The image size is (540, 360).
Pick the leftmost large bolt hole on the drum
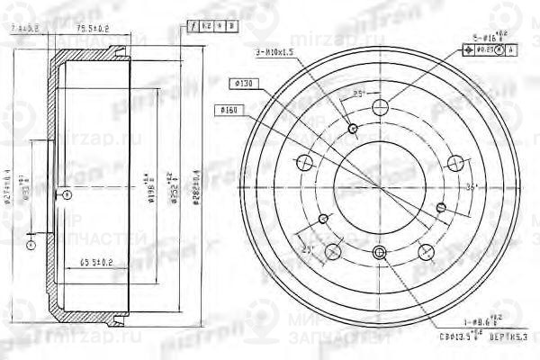pyautogui.click(x=304, y=163)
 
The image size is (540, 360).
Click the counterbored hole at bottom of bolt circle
pyautogui.click(x=380, y=253)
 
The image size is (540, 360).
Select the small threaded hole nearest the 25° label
pyautogui.click(x=353, y=129)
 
